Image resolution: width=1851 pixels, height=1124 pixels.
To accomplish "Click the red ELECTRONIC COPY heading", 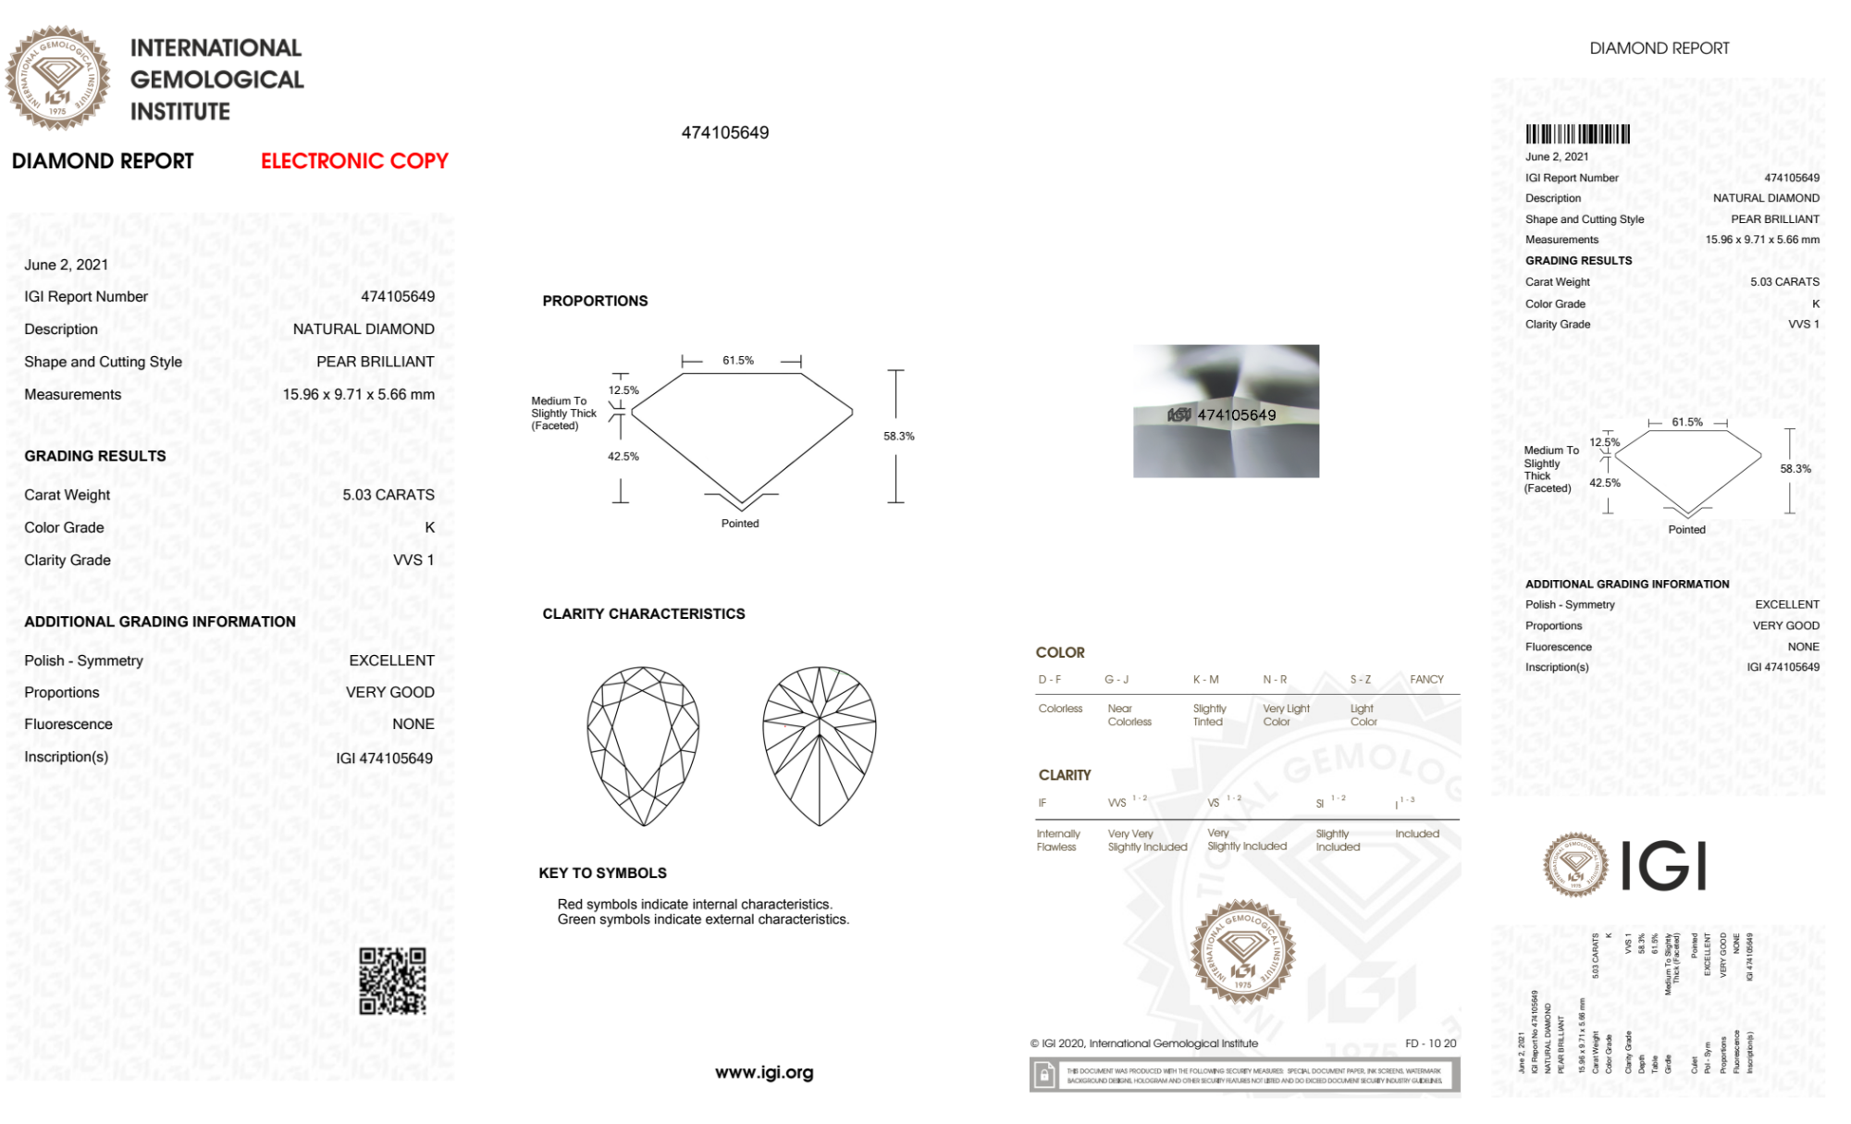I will pos(354,161).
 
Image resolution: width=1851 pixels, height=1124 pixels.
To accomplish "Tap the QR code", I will pos(392,981).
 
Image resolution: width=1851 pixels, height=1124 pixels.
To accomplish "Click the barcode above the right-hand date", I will pos(1577,134).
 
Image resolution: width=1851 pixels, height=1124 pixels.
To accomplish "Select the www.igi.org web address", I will pos(764,1073).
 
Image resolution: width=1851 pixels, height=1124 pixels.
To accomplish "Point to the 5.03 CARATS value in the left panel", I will pos(388,495).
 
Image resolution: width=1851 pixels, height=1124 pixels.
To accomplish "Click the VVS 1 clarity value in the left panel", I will pos(413,560).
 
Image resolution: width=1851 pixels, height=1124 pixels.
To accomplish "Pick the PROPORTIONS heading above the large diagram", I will pos(595,301).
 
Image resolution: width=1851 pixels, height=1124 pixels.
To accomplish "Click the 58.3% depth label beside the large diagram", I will pos(898,436).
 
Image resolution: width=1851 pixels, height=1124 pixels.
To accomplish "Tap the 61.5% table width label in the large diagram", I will pos(738,361).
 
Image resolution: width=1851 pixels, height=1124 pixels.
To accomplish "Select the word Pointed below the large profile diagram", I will pos(740,524).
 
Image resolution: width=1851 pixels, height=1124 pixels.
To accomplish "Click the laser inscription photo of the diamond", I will pos(1226,412).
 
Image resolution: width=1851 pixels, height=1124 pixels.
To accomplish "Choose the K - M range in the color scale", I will pos(1205,679).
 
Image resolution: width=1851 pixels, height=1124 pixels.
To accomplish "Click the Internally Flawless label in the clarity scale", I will pos(1057,840).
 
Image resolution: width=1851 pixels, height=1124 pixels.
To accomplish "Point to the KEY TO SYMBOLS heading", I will pos(602,872).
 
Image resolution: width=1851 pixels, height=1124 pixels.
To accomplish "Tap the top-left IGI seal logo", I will pos(57,79).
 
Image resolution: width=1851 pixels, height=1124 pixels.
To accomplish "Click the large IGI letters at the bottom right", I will pos(1664,866).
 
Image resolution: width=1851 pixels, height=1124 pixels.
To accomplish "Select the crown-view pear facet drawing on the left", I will pos(643,746).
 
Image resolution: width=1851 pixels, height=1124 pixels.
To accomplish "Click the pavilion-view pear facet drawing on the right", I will pos(819,746).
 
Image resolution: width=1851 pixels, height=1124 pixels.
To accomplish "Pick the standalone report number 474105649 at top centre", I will pos(724,132).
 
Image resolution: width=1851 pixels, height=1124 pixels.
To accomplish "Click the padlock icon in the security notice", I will pos(1044,1075).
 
